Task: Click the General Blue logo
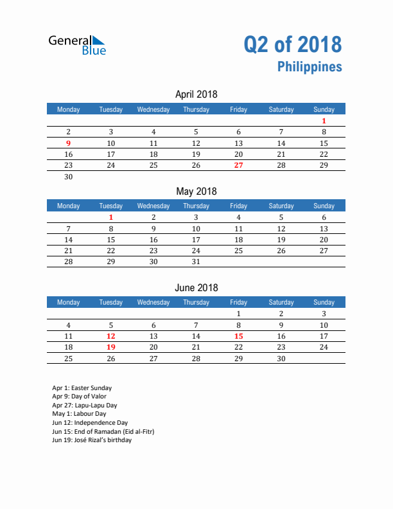tap(77, 44)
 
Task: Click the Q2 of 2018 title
tap(292, 44)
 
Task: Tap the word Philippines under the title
tap(310, 67)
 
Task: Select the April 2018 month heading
tap(196, 94)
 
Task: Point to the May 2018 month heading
tap(196, 191)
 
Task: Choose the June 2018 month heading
tap(196, 288)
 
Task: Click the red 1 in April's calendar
tap(324, 121)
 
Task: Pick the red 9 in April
tap(69, 143)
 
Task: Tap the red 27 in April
tap(238, 165)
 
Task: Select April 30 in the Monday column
tap(69, 177)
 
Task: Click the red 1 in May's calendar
tap(111, 217)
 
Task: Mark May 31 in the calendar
tap(196, 262)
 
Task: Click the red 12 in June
tap(111, 336)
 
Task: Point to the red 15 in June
tap(238, 336)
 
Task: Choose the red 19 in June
tap(111, 347)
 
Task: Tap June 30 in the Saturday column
tap(281, 358)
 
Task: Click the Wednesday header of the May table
tap(153, 206)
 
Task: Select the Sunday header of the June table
tap(324, 302)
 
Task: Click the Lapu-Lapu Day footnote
tap(85, 406)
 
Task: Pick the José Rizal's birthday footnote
tap(92, 440)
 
